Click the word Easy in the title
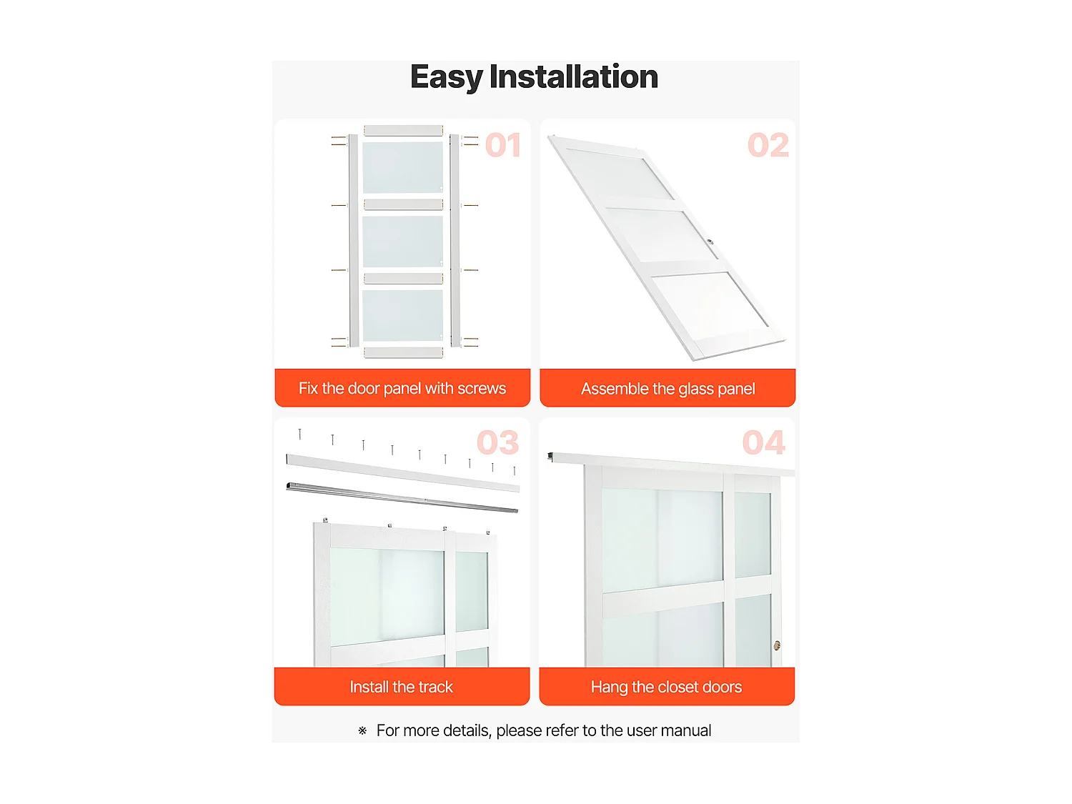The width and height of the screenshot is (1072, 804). click(447, 78)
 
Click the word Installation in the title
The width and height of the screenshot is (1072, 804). click(573, 76)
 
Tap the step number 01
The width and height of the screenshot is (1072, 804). click(502, 145)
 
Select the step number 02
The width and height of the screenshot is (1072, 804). click(768, 145)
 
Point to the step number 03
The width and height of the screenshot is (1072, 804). click(497, 442)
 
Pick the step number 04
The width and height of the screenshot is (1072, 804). click(764, 442)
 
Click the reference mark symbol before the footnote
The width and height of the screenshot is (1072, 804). click(362, 731)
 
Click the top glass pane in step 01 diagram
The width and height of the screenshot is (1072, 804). click(402, 167)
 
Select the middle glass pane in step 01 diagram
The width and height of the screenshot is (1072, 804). click(402, 242)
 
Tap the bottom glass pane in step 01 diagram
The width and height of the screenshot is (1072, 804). click(402, 315)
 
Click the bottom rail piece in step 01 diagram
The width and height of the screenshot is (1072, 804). click(403, 352)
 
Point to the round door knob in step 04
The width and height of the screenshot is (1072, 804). click(777, 645)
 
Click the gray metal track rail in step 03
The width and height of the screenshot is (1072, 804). click(402, 497)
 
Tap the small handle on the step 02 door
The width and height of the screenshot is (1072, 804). click(710, 242)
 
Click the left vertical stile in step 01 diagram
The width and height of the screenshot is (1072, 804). click(354, 241)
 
